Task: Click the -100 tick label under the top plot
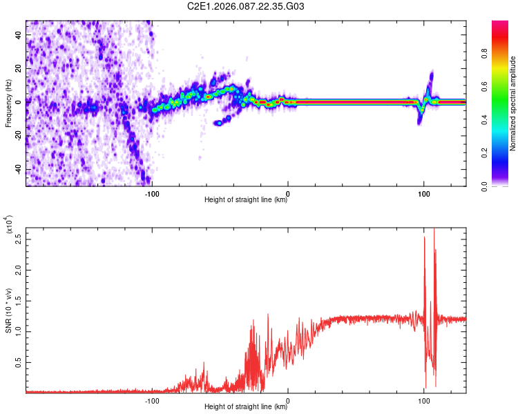click(x=152, y=193)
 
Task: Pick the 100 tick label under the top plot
click(x=424, y=193)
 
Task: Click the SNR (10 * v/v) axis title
click(x=8, y=311)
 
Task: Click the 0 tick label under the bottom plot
click(x=288, y=400)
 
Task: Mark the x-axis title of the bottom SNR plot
click(x=246, y=407)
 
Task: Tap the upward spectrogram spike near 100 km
click(x=431, y=74)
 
